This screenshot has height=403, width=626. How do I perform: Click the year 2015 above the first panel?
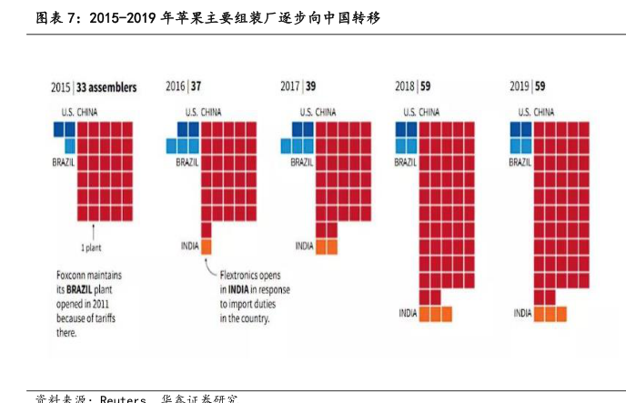pyautogui.click(x=61, y=88)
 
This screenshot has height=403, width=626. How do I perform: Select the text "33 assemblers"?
pyautogui.click(x=107, y=88)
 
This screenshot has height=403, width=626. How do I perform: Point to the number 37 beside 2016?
pyautogui.click(x=196, y=87)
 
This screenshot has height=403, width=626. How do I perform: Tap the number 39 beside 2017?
pyautogui.click(x=310, y=87)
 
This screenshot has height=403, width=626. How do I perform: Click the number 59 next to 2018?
pyautogui.click(x=425, y=87)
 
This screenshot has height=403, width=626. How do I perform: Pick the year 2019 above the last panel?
pyautogui.click(x=520, y=87)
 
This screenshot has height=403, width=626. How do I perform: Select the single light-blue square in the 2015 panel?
pyautogui.click(x=70, y=145)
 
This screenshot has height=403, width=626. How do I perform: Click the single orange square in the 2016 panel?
pyautogui.click(x=207, y=246)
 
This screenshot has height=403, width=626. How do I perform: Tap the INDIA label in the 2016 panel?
pyautogui.click(x=189, y=246)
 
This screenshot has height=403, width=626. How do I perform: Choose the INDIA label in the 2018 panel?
pyautogui.click(x=408, y=313)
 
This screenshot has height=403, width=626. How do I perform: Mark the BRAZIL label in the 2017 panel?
pyautogui.click(x=302, y=162)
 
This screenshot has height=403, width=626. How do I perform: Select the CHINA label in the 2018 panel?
pyautogui.click(x=429, y=113)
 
